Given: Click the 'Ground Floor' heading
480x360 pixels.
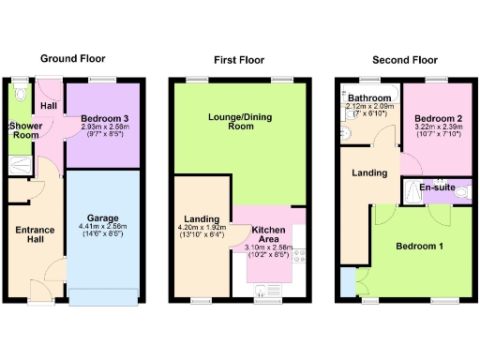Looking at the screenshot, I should [x=72, y=58].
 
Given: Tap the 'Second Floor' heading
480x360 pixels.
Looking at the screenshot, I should [x=404, y=59].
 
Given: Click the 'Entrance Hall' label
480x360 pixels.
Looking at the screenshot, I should [x=34, y=233].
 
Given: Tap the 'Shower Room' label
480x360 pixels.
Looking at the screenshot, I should [x=23, y=130].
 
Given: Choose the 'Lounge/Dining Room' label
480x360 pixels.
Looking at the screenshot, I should [x=239, y=120].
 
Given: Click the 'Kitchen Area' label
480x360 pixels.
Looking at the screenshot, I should [x=268, y=232].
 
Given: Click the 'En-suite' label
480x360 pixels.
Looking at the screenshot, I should [x=437, y=188].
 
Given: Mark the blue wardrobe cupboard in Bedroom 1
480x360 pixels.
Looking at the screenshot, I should [x=349, y=280].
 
